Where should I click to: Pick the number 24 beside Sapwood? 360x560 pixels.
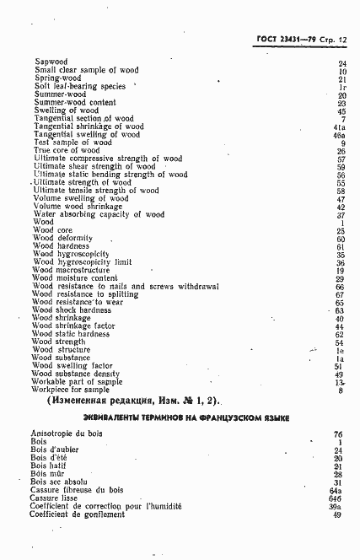pyautogui.click(x=341, y=64)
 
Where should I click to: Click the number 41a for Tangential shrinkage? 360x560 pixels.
pyautogui.click(x=340, y=127)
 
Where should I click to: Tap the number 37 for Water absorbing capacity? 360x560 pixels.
pyautogui.click(x=341, y=215)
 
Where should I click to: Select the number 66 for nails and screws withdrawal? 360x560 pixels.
pyautogui.click(x=341, y=287)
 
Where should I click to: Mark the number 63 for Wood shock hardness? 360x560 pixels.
pyautogui.click(x=340, y=310)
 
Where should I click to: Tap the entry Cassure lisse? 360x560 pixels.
pyautogui.click(x=62, y=498)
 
